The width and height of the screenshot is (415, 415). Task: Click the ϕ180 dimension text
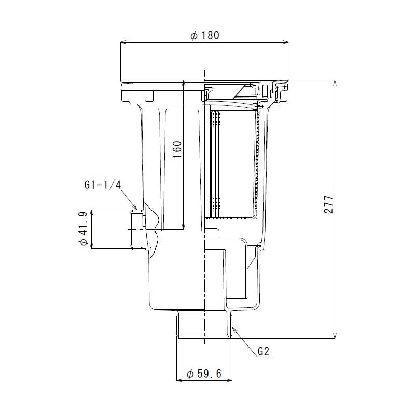205,36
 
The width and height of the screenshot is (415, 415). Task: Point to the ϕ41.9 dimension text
82,229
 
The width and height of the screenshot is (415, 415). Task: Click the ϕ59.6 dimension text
204,373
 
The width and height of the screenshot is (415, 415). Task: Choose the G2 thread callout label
264,351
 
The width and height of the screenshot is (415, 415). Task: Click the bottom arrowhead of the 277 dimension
335,336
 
